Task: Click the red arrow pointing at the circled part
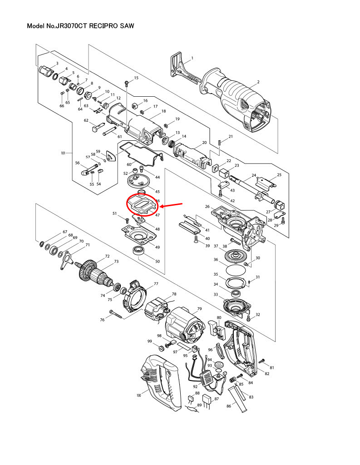[x=173, y=207]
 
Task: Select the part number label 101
[x=63, y=153]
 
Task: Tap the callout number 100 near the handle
[x=139, y=396]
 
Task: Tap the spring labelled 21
[x=220, y=143]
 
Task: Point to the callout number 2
[x=258, y=82]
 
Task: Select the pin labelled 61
[x=109, y=134]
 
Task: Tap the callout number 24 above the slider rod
[x=254, y=175]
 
